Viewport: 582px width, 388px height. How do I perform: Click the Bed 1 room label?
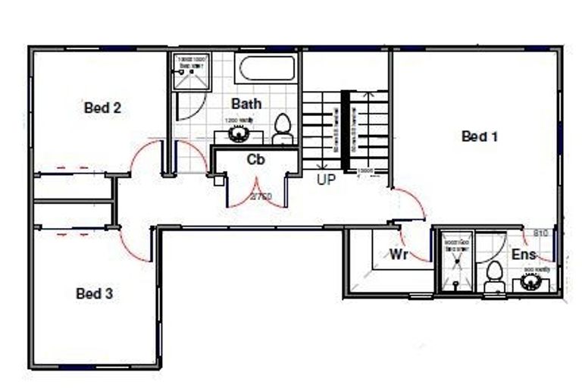479,136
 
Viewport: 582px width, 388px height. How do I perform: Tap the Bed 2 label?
102,108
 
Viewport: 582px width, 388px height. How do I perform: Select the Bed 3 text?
95,293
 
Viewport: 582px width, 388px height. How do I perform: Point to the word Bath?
246,103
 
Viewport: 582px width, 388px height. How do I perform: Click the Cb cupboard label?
255,159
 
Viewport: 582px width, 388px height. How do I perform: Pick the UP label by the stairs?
327,180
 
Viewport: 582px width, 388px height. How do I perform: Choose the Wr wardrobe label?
399,254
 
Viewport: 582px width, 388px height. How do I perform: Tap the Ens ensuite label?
524,255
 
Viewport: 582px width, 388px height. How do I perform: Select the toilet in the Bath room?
283,129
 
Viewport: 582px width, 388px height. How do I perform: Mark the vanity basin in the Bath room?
239,134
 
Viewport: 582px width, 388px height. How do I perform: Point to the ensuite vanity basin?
530,282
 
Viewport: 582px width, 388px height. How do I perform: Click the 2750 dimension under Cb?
260,197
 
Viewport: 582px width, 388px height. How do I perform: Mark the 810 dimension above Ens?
540,233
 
